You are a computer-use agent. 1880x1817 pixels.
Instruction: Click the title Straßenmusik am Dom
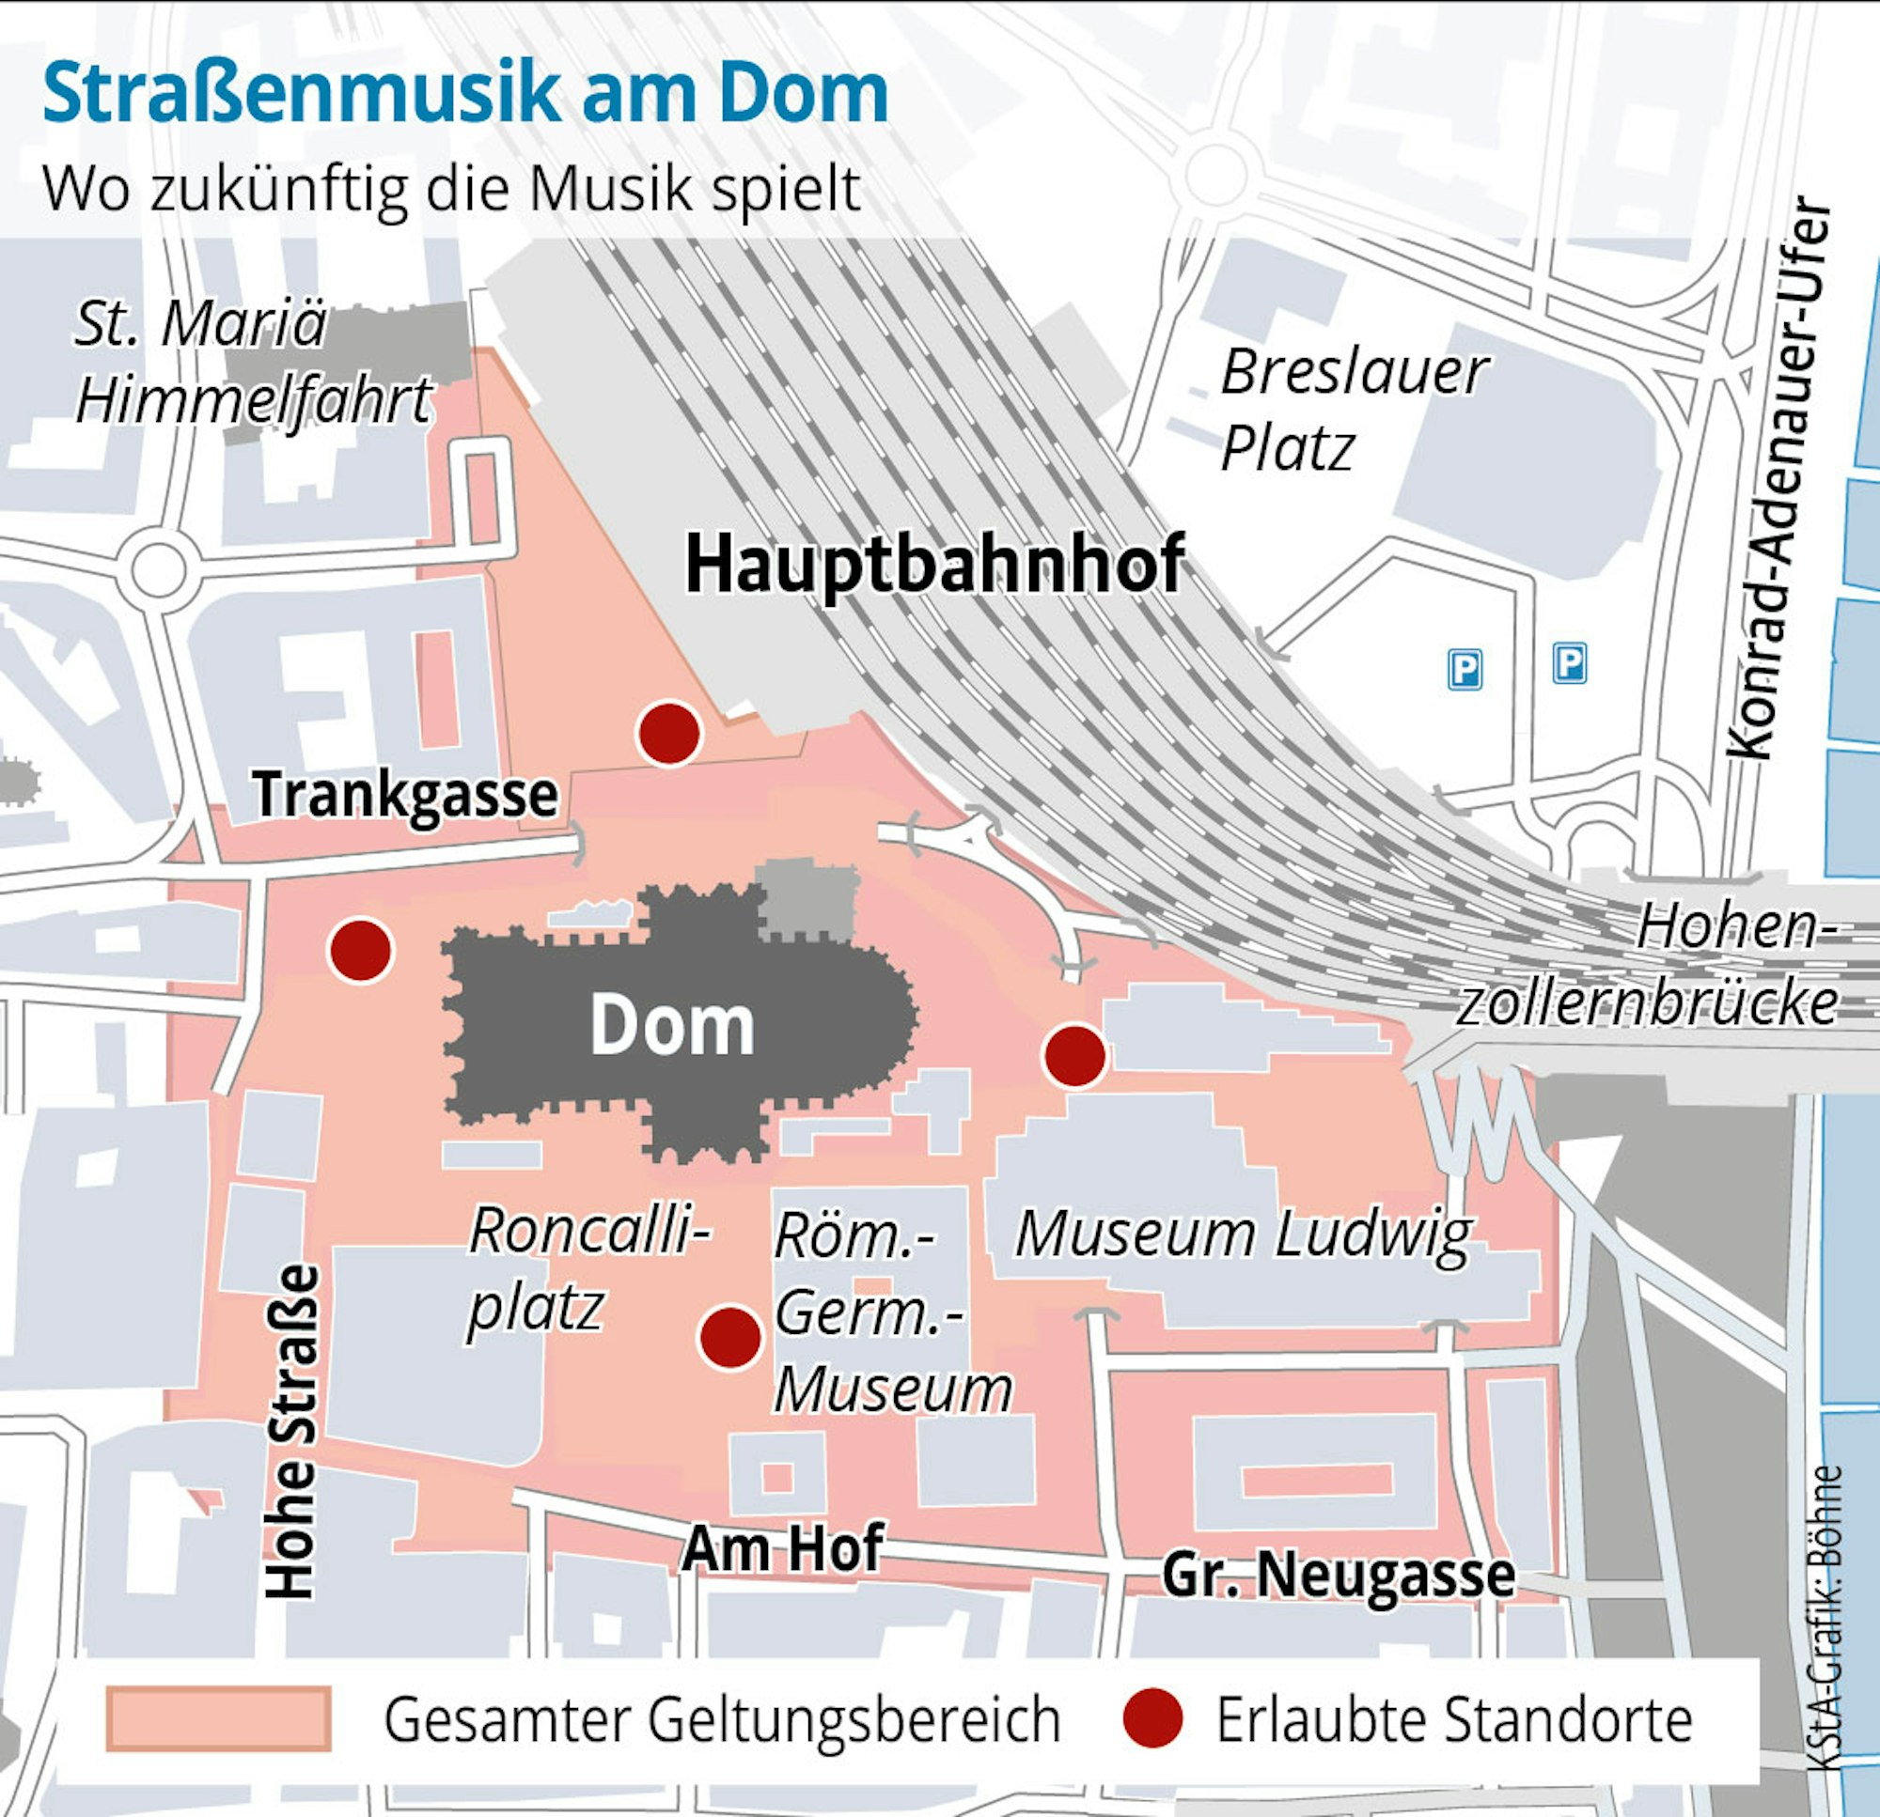[x=465, y=94]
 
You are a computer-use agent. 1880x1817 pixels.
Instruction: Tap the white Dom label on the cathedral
[x=671, y=1026]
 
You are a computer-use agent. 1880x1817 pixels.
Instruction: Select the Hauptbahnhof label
[x=934, y=566]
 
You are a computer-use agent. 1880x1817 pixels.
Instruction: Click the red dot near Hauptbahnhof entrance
[x=669, y=734]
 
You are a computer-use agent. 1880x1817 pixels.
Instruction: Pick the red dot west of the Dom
[x=361, y=949]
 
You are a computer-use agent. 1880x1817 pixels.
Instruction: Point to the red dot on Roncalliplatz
[x=731, y=1338]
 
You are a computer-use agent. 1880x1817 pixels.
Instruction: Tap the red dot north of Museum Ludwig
[x=1075, y=1056]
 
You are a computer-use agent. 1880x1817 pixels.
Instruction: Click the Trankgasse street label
[x=405, y=795]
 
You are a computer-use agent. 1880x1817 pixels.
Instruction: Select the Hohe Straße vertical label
[x=291, y=1433]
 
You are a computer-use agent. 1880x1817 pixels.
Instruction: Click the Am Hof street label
[x=782, y=1546]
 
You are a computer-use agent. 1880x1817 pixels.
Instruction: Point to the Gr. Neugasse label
[x=1338, y=1574]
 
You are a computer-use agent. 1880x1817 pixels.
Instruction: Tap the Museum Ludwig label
[x=1243, y=1234]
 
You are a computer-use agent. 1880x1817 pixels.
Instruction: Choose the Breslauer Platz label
[x=1353, y=411]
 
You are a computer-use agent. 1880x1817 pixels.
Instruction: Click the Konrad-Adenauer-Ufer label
[x=1779, y=479]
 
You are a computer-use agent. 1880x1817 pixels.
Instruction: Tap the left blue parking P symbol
[x=1465, y=669]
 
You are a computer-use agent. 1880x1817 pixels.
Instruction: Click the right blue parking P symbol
[x=1569, y=662]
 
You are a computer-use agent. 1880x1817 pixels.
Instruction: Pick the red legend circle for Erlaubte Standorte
[x=1153, y=1719]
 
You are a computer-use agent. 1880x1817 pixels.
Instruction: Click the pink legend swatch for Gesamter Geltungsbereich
[x=219, y=1719]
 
